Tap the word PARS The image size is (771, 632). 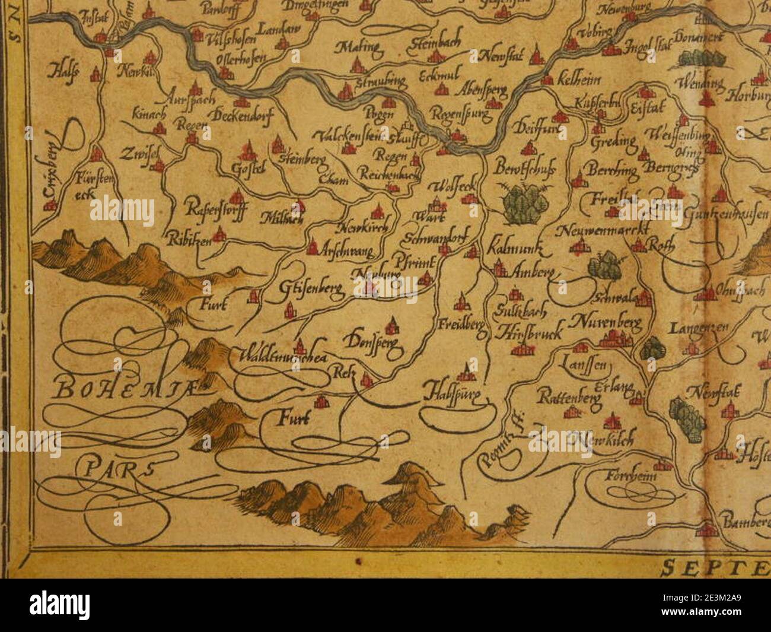tap(116, 469)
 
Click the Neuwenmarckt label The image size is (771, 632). tap(604, 230)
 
